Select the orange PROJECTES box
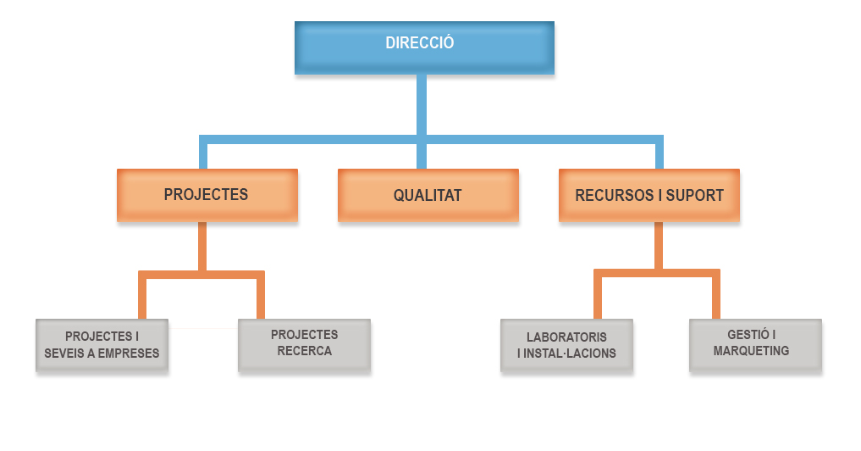tap(207, 195)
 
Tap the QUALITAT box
tap(428, 195)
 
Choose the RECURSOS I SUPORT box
tap(649, 195)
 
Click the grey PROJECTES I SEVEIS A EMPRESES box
tap(102, 345)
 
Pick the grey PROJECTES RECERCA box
tap(304, 344)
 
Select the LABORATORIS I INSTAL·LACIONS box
tap(566, 345)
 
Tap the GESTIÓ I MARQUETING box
tap(755, 344)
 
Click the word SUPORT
tap(696, 196)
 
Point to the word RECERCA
tap(304, 351)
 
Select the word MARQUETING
tap(751, 351)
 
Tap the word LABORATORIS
tap(566, 337)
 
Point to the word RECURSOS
tap(614, 196)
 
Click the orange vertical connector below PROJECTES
tap(202, 248)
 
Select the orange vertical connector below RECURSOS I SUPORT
tap(658, 246)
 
